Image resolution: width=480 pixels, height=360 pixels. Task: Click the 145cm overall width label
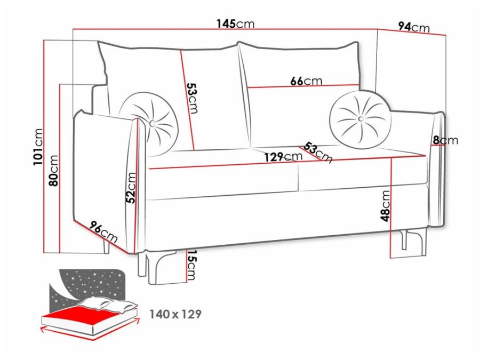235,23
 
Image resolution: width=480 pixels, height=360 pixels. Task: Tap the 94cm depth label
414,27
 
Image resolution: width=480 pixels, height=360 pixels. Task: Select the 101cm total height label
38,147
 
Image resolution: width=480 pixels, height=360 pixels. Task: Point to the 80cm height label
53,171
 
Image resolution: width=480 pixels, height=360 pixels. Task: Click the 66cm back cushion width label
306,81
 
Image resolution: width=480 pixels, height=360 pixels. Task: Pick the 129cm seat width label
283,157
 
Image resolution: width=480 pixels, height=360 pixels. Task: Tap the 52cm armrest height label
131,188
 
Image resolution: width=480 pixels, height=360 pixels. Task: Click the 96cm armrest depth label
103,232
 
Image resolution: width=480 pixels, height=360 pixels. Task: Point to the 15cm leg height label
191,265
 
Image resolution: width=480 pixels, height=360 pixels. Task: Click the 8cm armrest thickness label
445,140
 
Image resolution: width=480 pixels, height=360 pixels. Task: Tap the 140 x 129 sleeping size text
175,314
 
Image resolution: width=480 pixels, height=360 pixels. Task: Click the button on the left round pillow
152,123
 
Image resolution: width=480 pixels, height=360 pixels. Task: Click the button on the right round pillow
361,118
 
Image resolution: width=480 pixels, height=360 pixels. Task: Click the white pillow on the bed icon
107,304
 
